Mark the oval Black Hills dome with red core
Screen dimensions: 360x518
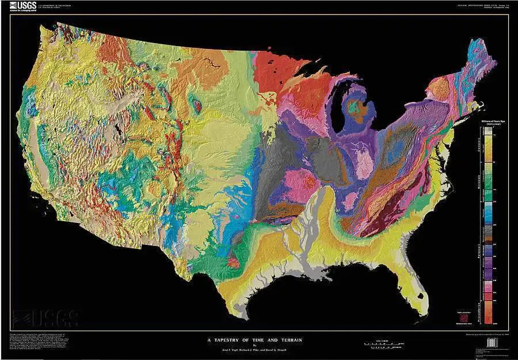(196, 105)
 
